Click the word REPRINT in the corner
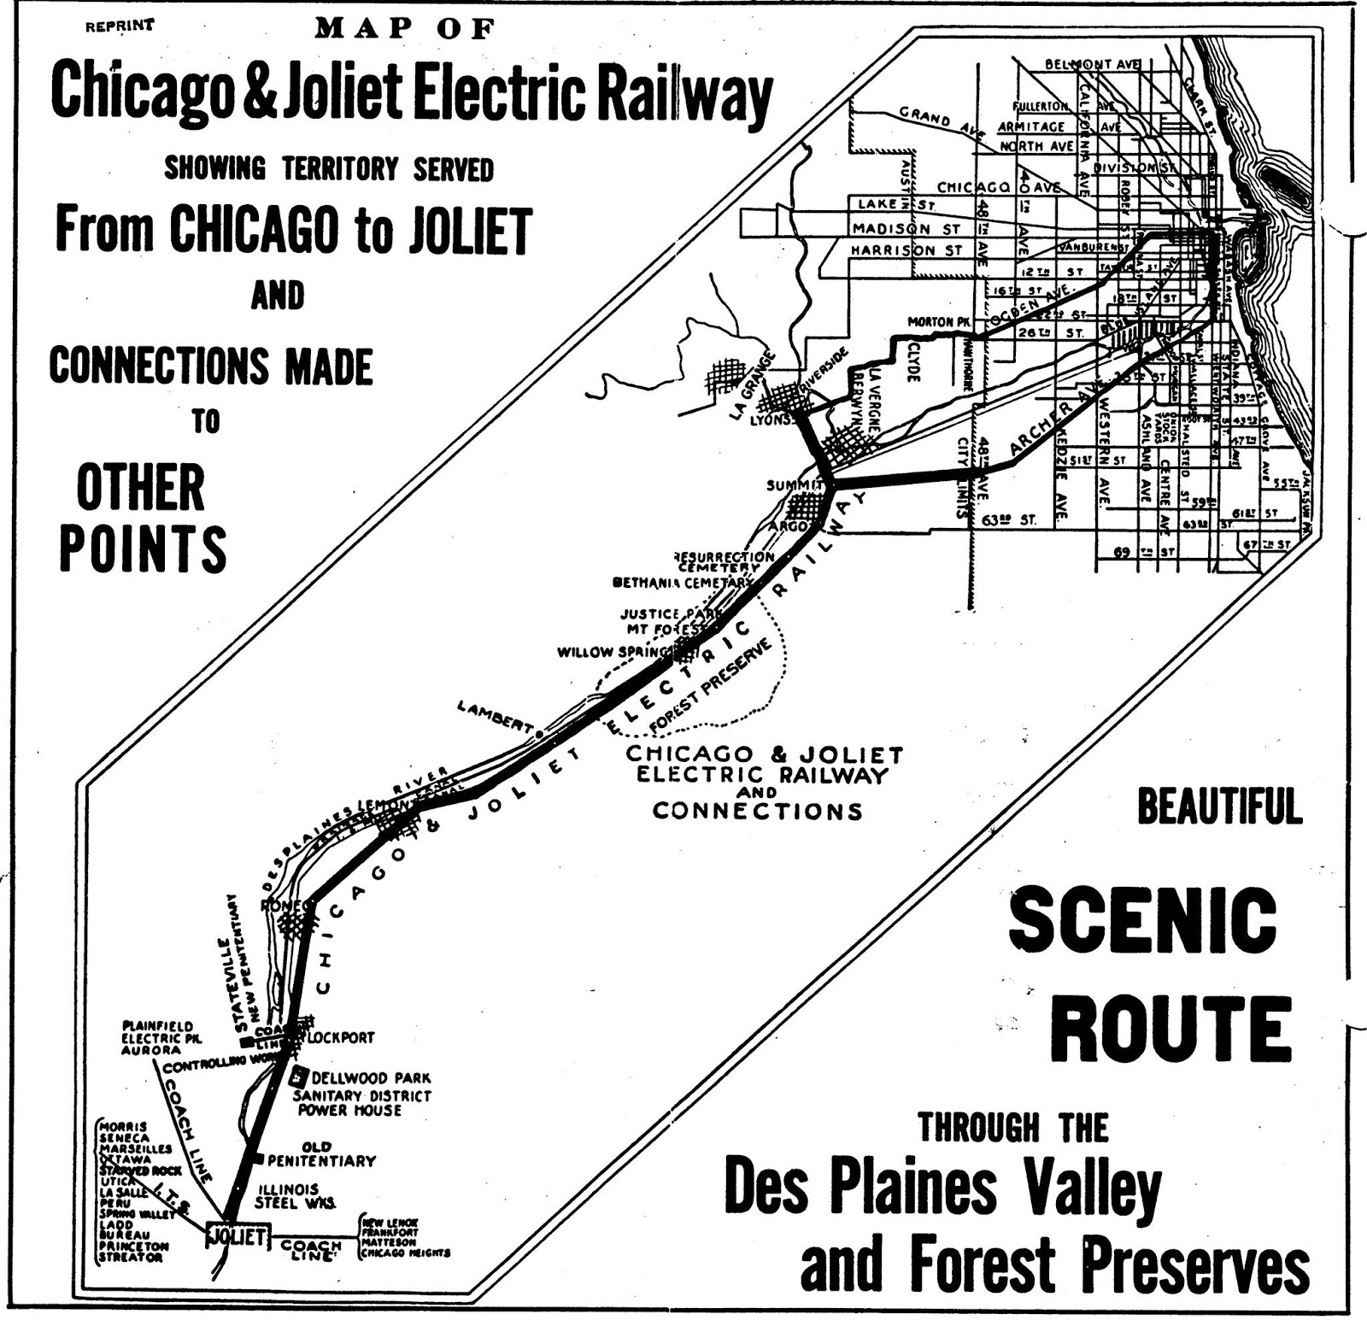coord(120,26)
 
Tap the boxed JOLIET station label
coord(238,1236)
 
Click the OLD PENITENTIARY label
coord(321,1154)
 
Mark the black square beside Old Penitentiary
coord(257,1159)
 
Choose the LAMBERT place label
coord(496,716)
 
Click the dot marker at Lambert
coord(539,734)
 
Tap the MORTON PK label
coord(941,322)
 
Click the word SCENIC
coord(1142,920)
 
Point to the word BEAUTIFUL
coord(1219,807)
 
